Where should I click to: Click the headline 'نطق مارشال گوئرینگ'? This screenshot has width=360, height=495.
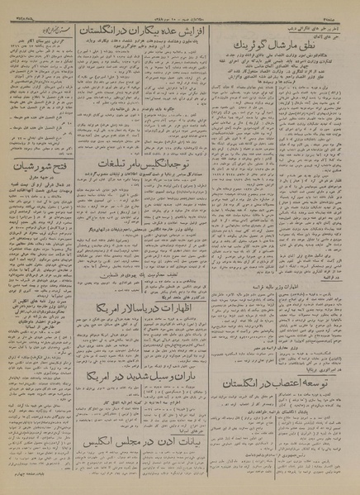click(284, 49)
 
